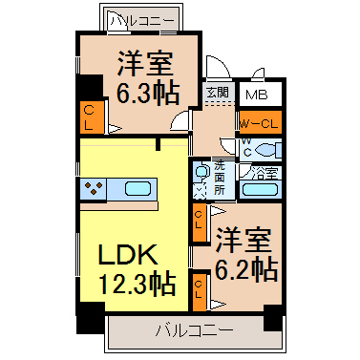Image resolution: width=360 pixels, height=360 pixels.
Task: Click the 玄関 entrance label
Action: (218, 93)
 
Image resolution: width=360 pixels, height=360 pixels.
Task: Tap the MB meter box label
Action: (257, 95)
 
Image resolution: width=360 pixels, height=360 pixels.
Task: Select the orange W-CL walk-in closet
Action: (261, 122)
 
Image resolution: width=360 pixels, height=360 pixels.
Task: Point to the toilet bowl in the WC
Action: (267, 150)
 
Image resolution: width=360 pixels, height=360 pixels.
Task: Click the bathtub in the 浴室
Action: (260, 190)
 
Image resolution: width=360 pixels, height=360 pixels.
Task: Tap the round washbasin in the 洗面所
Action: (201, 172)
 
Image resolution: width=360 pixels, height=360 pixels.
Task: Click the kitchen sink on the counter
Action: (138, 189)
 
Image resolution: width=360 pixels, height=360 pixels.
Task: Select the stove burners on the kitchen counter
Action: (94, 188)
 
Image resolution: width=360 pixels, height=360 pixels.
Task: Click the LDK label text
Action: (128, 254)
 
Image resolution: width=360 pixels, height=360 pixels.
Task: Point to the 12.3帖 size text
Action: (138, 283)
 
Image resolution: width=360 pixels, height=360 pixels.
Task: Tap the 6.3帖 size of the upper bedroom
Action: (148, 94)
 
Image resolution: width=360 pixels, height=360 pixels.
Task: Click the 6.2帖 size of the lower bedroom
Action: (246, 270)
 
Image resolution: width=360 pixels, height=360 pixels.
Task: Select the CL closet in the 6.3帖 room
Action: (92, 117)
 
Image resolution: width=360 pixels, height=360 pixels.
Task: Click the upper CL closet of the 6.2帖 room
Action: (200, 222)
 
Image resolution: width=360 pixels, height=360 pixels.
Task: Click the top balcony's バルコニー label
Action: (143, 20)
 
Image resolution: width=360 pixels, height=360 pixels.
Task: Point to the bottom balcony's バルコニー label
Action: (194, 330)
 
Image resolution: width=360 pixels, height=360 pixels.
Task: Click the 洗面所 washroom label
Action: (219, 178)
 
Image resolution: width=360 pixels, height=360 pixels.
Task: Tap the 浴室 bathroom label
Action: (265, 173)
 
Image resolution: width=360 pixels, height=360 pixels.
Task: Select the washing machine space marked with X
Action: (200, 192)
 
